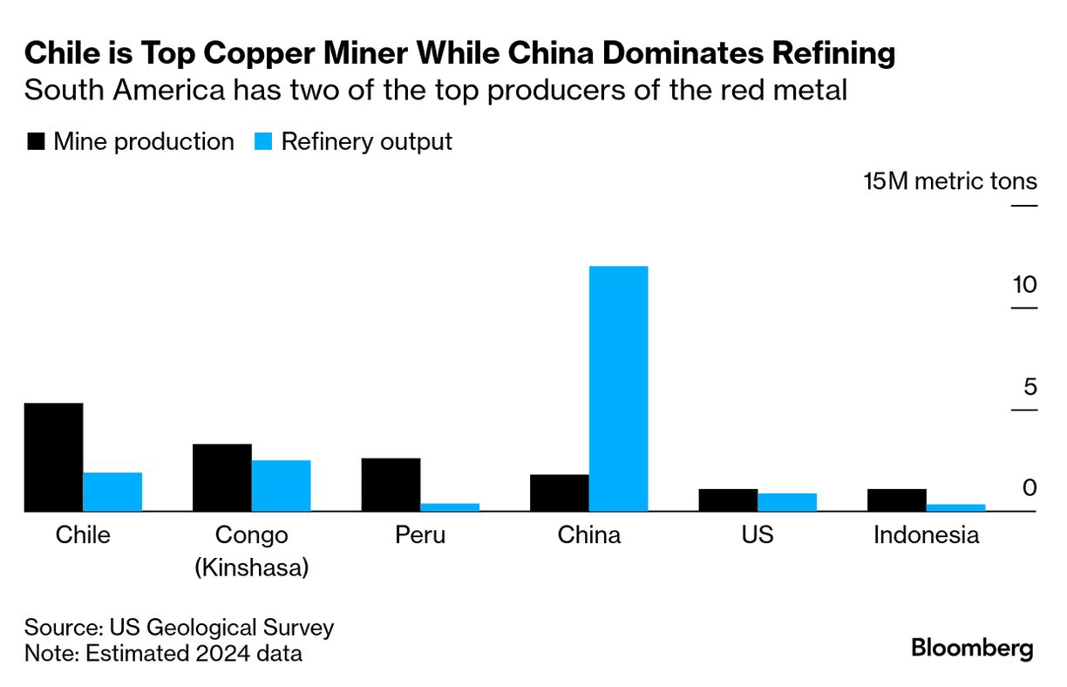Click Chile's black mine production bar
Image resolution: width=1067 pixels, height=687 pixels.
click(53, 457)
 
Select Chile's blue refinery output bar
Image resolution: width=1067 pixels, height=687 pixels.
click(112, 492)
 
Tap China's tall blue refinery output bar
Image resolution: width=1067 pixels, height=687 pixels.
click(618, 388)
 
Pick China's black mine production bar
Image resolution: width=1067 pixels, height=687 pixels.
click(559, 493)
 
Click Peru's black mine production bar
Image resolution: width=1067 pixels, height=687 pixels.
click(391, 484)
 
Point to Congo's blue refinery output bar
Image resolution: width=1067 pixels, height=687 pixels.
click(281, 486)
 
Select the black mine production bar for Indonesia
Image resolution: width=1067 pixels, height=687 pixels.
click(896, 500)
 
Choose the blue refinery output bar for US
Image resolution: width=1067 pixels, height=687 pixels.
click(786, 502)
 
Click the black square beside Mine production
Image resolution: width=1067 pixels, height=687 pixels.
click(36, 142)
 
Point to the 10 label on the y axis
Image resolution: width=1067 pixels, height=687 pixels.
click(1024, 285)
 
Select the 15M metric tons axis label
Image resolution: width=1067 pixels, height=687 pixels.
click(950, 181)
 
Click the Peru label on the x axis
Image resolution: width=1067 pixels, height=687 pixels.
click(420, 534)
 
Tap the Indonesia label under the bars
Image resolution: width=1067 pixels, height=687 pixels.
click(926, 534)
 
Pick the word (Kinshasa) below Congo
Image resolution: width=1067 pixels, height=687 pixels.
click(251, 568)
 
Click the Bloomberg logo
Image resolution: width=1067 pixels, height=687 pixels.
click(972, 648)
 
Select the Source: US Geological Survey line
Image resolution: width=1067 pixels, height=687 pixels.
click(179, 628)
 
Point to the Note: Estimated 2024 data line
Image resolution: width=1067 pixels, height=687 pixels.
click(163, 652)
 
